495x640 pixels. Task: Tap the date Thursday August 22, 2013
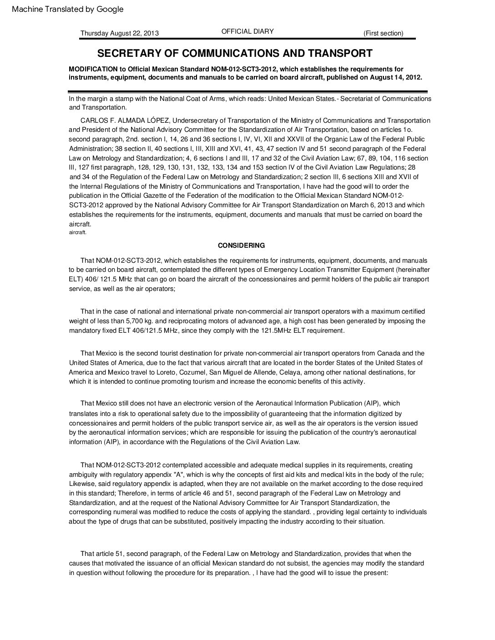(120, 33)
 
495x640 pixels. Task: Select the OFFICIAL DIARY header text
(247, 31)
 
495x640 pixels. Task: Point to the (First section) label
(383, 33)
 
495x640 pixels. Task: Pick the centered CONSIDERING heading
(241, 245)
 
